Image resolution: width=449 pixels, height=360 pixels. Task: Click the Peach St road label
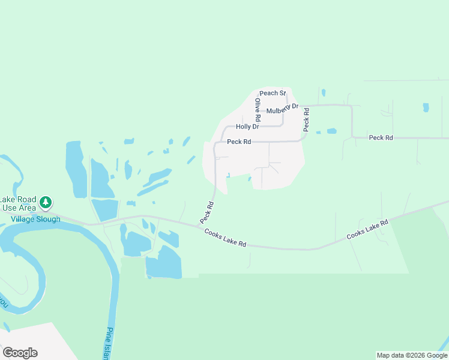(273, 93)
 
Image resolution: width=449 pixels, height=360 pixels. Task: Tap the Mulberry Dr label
(282, 109)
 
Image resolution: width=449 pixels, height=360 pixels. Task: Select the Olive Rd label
(257, 112)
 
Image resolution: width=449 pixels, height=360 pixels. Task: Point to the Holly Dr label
(247, 127)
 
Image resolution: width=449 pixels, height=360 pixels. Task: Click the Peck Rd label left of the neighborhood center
(239, 142)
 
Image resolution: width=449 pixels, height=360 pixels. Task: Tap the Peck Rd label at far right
(381, 137)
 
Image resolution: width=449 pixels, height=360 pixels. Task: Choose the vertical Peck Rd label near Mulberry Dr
(306, 119)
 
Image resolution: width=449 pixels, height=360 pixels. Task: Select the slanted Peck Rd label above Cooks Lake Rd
(207, 213)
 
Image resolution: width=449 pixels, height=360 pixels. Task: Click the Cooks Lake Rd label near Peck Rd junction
(225, 238)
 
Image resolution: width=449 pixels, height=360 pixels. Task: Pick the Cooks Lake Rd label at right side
(367, 230)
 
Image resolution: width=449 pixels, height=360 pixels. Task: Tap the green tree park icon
(46, 202)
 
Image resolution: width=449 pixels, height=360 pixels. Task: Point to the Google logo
(20, 353)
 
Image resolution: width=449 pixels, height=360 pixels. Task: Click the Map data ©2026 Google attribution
(412, 355)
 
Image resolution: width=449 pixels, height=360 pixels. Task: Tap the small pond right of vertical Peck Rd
(331, 131)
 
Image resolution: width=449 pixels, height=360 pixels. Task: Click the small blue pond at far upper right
(426, 107)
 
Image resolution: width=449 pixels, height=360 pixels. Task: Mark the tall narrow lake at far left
(75, 169)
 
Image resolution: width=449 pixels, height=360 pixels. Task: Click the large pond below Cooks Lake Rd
(163, 263)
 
